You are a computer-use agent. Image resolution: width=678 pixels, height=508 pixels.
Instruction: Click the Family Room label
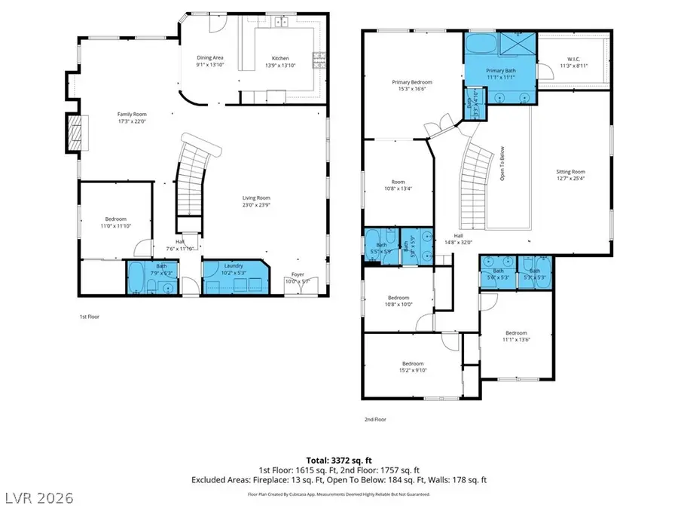point(130,114)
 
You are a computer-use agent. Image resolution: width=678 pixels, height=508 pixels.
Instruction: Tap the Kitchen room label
point(280,58)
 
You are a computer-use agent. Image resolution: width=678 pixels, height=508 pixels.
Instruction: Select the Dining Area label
point(210,58)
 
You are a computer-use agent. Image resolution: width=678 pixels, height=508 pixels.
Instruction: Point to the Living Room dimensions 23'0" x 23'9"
point(255,205)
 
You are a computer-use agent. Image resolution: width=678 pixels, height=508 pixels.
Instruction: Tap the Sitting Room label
point(570,172)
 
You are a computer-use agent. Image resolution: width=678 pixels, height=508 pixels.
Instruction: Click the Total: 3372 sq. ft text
point(338,460)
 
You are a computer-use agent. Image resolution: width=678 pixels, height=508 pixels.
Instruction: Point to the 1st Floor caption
point(89,317)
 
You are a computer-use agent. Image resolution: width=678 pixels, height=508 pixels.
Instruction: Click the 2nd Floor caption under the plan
point(374,421)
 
